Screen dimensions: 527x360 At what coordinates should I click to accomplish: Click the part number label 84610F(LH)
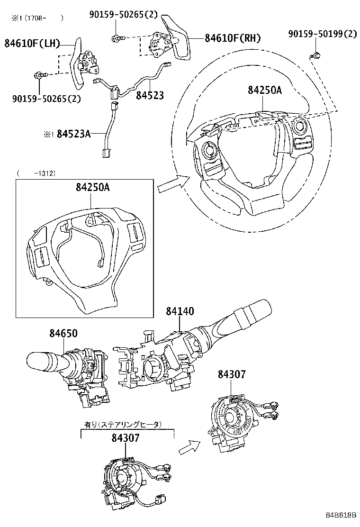coord(32,44)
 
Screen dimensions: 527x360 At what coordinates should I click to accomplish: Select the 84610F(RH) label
coord(233,38)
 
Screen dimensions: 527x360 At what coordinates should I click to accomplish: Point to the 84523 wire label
coord(150,95)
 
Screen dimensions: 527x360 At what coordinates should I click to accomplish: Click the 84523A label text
coord(73,134)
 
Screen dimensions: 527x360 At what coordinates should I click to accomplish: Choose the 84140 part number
coord(180,311)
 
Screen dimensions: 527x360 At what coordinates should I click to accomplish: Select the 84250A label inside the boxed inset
coord(92,187)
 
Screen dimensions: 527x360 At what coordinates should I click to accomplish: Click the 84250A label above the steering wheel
coord(264,90)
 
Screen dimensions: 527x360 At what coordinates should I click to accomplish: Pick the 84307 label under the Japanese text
coord(126,438)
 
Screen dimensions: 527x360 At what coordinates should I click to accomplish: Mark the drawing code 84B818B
coord(340,515)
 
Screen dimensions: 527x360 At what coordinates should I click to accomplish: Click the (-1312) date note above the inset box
coord(36,173)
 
